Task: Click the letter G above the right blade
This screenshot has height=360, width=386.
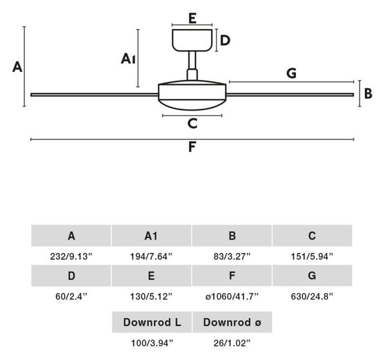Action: pyautogui.click(x=291, y=73)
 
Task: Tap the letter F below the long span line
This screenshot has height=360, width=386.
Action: pyautogui.click(x=192, y=147)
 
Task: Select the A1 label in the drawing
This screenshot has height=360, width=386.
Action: pyautogui.click(x=128, y=59)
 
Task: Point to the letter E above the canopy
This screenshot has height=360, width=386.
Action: pyautogui.click(x=192, y=18)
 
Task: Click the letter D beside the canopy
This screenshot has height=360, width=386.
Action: pyautogui.click(x=225, y=41)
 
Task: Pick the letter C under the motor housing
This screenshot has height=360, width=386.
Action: pyautogui.click(x=192, y=123)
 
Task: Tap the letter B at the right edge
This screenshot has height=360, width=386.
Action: pyautogui.click(x=368, y=93)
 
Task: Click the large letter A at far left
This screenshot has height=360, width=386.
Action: pyautogui.click(x=17, y=67)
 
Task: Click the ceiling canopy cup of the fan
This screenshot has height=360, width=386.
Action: pyautogui.click(x=192, y=41)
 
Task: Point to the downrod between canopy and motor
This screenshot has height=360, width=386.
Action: pyautogui.click(x=192, y=66)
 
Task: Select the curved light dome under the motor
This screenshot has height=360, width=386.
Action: pyautogui.click(x=192, y=105)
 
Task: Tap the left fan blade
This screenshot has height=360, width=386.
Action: pyautogui.click(x=95, y=95)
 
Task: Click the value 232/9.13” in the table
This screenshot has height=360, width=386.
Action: pyautogui.click(x=71, y=256)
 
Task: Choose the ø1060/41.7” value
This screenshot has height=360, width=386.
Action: pyautogui.click(x=232, y=296)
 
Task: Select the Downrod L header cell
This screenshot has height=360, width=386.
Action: pyautogui.click(x=152, y=322)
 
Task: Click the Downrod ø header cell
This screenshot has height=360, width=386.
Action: pyautogui.click(x=232, y=322)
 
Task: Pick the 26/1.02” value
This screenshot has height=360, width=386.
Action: pyautogui.click(x=232, y=343)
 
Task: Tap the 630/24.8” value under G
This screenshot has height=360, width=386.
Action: pyautogui.click(x=312, y=296)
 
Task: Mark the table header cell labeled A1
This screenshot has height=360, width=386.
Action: pyautogui.click(x=151, y=236)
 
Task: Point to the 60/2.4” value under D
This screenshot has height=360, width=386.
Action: pyautogui.click(x=71, y=296)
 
